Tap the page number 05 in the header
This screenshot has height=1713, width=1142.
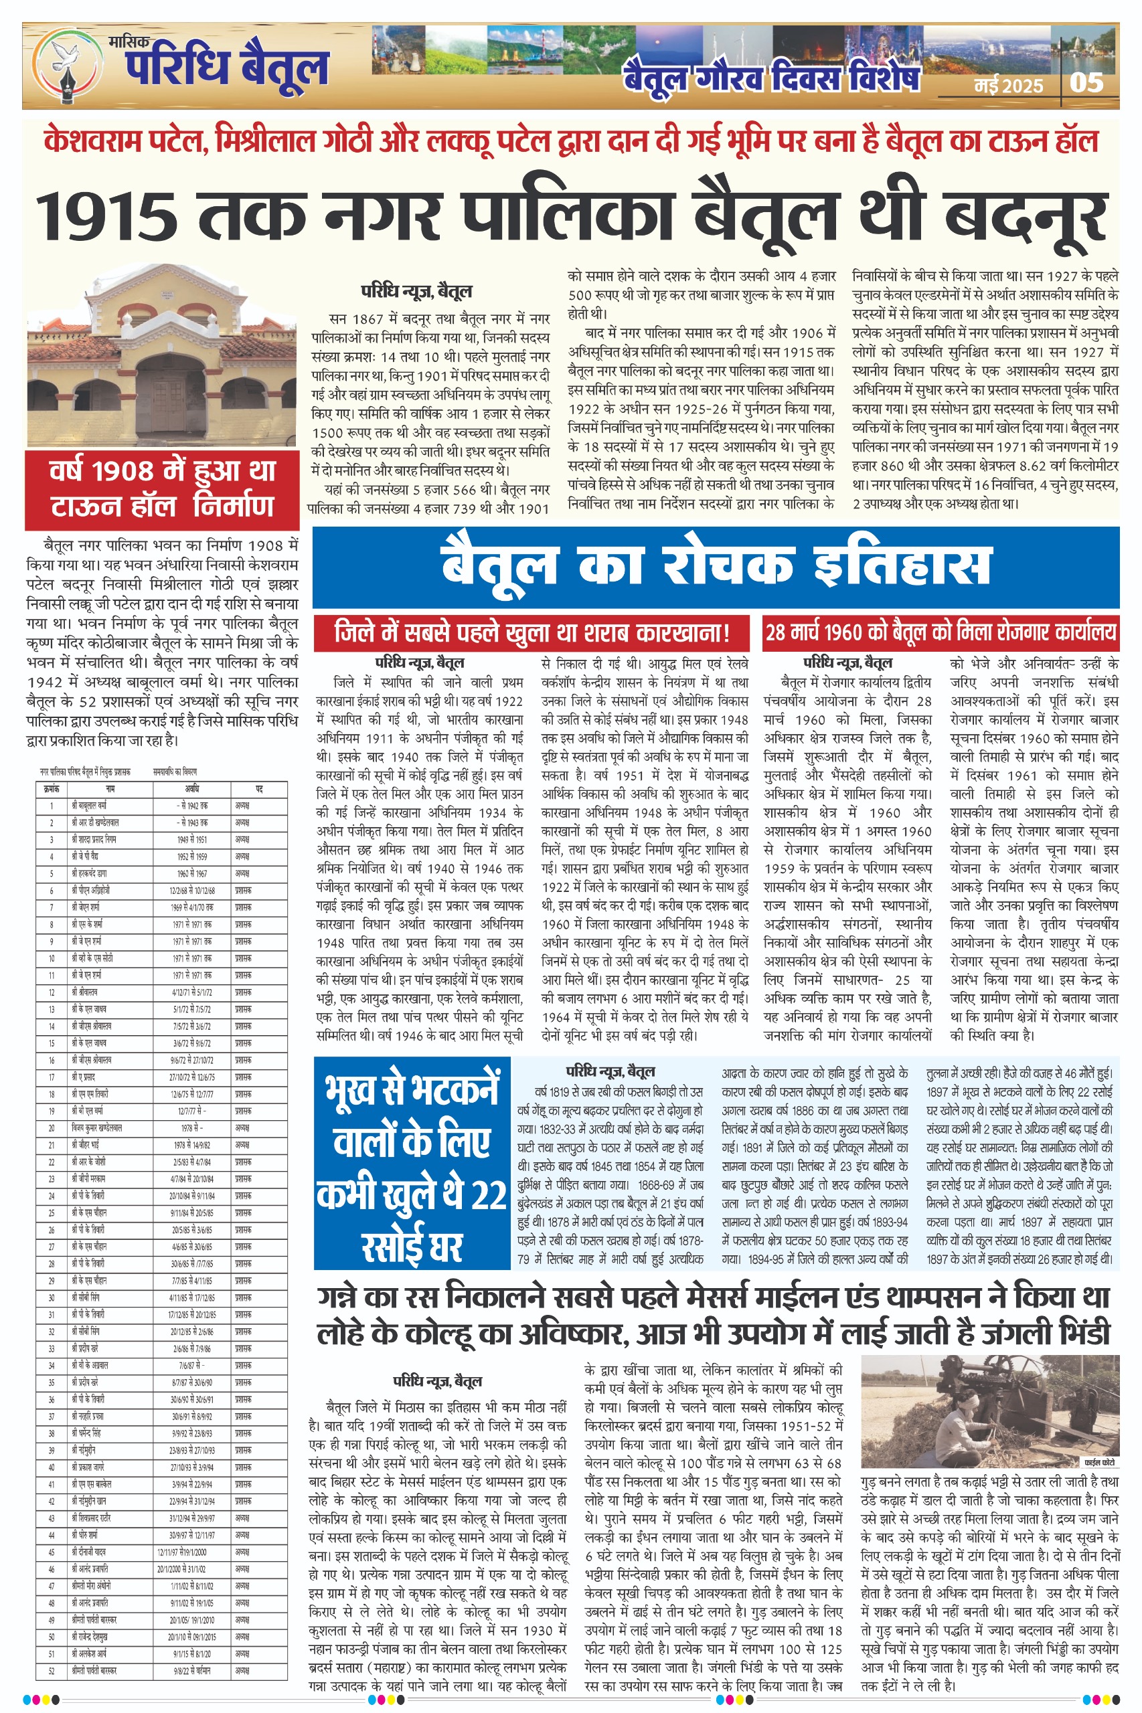point(1086,82)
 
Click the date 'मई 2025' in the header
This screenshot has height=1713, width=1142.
point(1009,86)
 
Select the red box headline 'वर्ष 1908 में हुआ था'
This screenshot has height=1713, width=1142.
point(162,471)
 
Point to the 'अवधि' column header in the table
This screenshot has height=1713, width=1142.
point(191,788)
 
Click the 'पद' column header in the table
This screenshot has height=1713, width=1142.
point(258,788)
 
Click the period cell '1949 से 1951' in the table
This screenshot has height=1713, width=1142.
point(191,839)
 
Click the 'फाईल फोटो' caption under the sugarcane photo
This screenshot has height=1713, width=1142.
point(1099,1462)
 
